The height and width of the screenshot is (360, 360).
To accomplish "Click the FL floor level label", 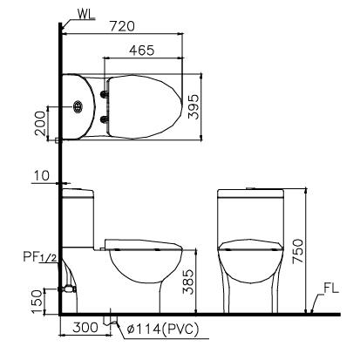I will tap(329, 288).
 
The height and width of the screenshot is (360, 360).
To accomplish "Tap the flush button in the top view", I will tap(79, 107).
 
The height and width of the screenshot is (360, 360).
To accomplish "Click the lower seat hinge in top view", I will tap(106, 120).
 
